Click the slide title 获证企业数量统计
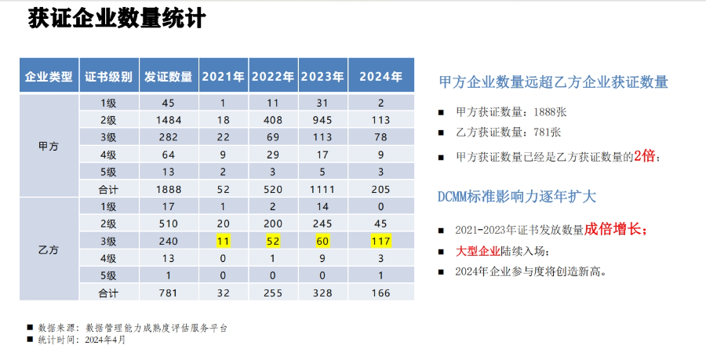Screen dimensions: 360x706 click(x=117, y=19)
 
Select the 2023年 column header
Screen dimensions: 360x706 click(x=323, y=76)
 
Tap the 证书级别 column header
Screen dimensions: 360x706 click(x=109, y=76)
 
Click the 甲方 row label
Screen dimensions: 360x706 click(x=49, y=146)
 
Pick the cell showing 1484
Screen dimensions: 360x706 click(x=168, y=119)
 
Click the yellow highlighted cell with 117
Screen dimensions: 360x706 click(x=380, y=241)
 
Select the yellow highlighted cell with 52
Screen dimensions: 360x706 click(x=272, y=241)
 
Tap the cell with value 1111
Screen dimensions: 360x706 click(x=323, y=188)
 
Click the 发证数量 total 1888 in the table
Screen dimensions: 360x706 click(x=168, y=188)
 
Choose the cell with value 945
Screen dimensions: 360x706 click(x=323, y=119)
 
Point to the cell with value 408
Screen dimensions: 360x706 click(x=272, y=119)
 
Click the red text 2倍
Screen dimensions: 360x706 click(x=644, y=156)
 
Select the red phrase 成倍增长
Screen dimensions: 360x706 click(x=614, y=230)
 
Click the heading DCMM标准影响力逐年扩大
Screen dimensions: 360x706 click(x=517, y=197)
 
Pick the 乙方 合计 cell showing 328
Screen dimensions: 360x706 click(x=323, y=293)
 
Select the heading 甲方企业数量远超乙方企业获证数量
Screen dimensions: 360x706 click(x=553, y=82)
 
